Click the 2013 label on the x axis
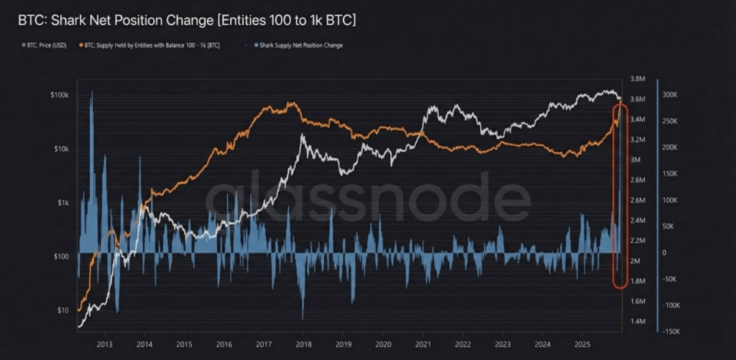tap(104, 343)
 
